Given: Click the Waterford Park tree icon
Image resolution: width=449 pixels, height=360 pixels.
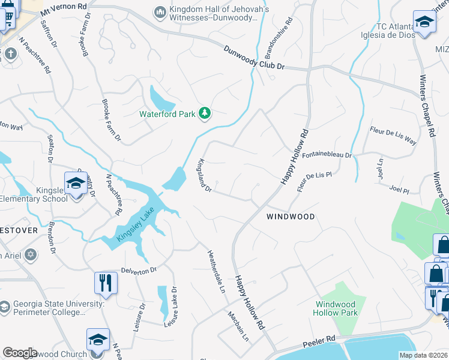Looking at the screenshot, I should tap(205, 113).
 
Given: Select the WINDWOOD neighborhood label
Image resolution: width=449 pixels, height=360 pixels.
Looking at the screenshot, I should tap(291, 216).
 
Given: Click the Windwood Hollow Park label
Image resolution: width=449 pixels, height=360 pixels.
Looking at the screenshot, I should tap(337, 308).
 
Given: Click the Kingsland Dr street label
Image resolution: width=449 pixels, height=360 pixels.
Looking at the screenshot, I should tap(205, 176).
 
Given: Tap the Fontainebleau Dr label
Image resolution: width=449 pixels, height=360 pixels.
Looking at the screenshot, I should tap(326, 155).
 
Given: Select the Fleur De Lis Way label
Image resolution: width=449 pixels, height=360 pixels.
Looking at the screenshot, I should tap(393, 136).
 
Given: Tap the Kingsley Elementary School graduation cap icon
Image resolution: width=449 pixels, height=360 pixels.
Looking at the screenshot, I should tap(76, 183).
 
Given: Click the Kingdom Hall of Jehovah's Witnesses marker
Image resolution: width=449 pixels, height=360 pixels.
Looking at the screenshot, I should tap(160, 11).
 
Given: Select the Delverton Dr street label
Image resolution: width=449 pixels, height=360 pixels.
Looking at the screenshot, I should tap(139, 270).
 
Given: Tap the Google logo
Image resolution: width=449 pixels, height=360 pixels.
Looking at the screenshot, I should tap(20, 353).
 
